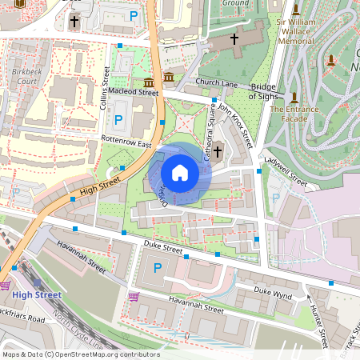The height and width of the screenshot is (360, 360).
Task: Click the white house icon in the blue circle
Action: click(180, 173)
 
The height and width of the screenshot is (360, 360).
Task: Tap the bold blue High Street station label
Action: click(38, 295)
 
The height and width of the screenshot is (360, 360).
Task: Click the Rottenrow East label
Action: click(126, 141)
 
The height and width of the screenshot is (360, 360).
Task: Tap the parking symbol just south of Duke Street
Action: click(157, 268)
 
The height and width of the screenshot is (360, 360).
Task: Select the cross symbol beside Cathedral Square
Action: click(218, 151)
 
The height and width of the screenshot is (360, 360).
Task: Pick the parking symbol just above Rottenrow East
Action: click(119, 121)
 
